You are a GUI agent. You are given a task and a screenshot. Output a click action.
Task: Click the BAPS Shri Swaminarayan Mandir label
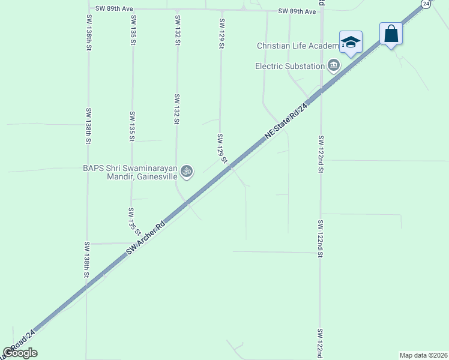coord(130,173)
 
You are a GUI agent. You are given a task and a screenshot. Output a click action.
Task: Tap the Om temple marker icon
coord(187,172)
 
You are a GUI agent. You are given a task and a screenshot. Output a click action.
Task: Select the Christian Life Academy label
coord(298,46)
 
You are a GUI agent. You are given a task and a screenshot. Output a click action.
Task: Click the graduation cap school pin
coord(351,42)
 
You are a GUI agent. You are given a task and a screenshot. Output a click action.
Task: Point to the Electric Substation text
coord(290,66)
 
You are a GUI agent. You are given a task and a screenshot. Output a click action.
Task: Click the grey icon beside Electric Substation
coord(334,65)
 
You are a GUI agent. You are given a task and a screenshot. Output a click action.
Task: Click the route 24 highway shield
coord(426,4)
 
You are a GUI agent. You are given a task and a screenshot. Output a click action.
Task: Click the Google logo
coord(20,353)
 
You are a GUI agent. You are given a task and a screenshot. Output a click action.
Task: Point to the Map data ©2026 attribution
coord(423,355)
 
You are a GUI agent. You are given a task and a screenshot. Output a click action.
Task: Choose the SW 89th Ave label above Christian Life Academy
coord(297,11)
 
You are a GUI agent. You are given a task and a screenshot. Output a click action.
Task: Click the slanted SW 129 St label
coord(221,148)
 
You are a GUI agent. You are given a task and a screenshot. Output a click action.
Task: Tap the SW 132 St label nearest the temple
coord(177,109)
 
